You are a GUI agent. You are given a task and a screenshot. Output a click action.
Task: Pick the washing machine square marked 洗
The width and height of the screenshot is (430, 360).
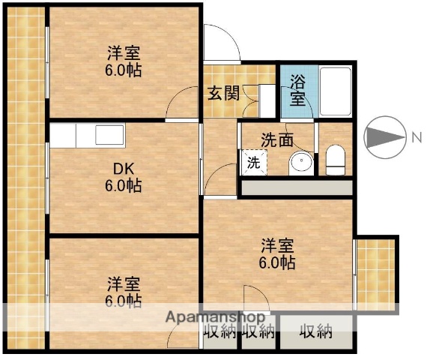click(x=252, y=162)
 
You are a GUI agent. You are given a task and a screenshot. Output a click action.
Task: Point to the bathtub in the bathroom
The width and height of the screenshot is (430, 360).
click(x=334, y=90)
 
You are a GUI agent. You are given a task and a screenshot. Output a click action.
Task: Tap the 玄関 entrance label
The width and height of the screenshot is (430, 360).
click(x=223, y=94)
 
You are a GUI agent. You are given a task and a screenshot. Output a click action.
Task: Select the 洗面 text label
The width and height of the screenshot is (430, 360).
click(x=276, y=139)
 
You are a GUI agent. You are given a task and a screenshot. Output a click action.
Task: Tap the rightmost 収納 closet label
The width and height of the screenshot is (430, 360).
click(x=315, y=331)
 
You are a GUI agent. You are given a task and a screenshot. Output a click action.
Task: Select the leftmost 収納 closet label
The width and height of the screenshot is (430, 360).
click(x=219, y=331)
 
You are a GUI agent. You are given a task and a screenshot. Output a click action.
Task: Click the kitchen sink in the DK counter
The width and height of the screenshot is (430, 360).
click(x=109, y=136)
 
